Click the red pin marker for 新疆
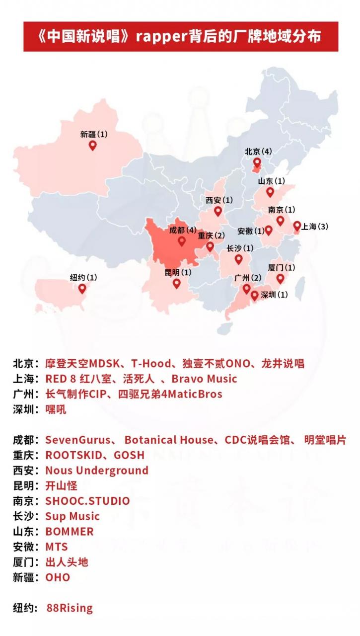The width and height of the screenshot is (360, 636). click(x=92, y=145)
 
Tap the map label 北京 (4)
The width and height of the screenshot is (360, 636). click(x=258, y=151)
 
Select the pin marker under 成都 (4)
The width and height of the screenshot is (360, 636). click(x=182, y=241)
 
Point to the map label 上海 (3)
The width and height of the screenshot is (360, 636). click(x=315, y=227)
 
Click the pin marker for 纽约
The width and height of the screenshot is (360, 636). click(x=82, y=288)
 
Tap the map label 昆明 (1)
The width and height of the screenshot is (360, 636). click(x=178, y=272)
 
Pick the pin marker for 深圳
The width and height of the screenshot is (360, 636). click(x=255, y=296)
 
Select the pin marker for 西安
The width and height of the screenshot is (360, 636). click(x=217, y=211)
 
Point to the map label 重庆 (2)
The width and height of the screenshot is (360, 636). click(x=211, y=236)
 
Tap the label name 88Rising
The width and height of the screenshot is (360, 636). click(x=70, y=608)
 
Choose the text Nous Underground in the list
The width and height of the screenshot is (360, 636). click(x=97, y=470)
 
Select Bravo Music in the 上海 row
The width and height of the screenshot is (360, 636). click(x=205, y=379)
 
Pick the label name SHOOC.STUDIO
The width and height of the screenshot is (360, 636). click(x=87, y=501)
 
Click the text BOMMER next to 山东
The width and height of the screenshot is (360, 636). click(x=70, y=531)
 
